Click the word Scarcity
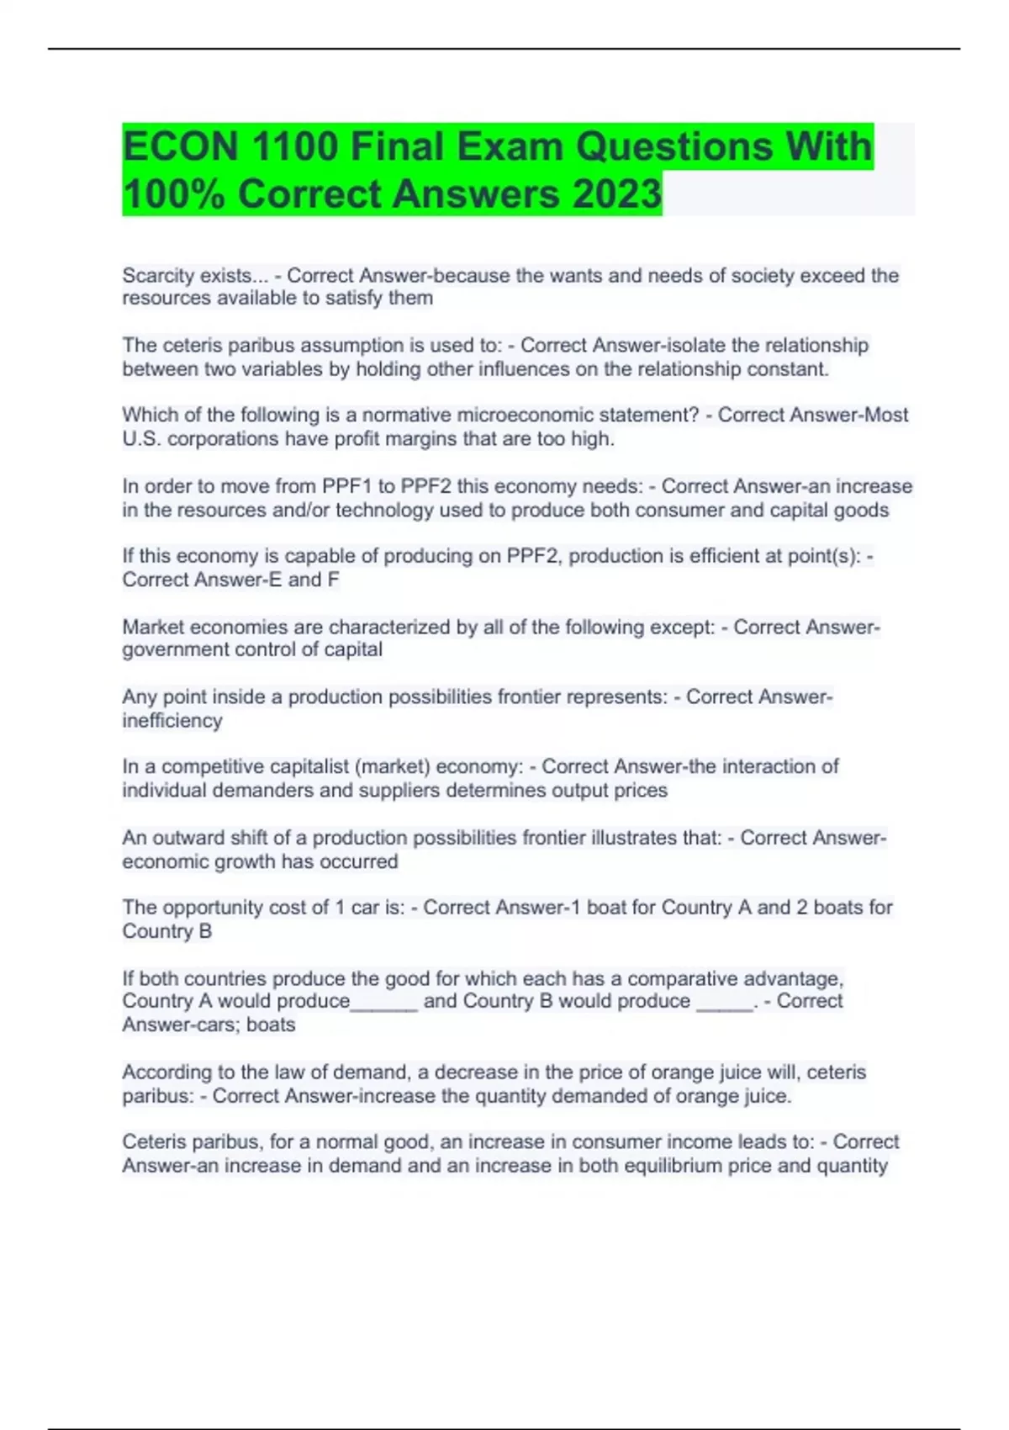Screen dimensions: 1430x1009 156,276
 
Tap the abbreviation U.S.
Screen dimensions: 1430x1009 141,439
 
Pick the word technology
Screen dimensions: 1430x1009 383,511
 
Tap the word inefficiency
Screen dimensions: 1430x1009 172,721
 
